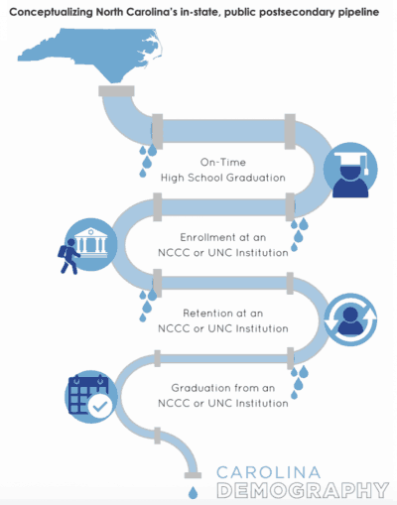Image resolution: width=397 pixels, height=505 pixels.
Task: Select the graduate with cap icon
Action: [350, 171]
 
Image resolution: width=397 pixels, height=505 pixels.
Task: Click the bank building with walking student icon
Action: [87, 245]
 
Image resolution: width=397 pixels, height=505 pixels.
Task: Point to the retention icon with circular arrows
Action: [350, 319]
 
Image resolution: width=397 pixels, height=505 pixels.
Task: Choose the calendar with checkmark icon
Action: [91, 397]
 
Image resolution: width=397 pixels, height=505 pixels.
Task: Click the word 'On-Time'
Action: [223, 163]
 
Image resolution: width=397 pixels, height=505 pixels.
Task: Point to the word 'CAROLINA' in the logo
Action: [268, 472]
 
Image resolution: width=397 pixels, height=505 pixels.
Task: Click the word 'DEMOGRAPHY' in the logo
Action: [303, 490]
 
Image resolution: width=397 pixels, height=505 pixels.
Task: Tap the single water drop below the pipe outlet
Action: [193, 492]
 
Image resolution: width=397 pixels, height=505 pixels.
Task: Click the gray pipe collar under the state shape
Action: [116, 91]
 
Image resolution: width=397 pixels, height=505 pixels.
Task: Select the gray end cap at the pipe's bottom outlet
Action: [193, 475]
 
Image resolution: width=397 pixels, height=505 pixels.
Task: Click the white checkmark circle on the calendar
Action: [100, 406]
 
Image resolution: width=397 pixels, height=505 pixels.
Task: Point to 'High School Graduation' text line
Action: [223, 178]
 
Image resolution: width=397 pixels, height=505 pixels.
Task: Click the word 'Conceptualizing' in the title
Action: [52, 13]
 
